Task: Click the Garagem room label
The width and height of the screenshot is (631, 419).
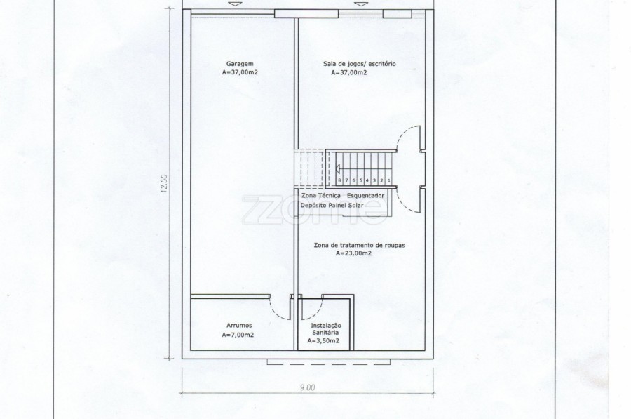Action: pyautogui.click(x=240, y=64)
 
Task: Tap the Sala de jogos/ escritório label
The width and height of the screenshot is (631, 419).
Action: pyautogui.click(x=360, y=64)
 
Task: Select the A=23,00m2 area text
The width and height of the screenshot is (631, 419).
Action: pyautogui.click(x=354, y=253)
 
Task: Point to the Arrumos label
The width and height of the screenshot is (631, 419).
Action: pyautogui.click(x=239, y=326)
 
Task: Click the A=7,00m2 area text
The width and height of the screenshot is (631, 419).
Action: pyautogui.click(x=238, y=335)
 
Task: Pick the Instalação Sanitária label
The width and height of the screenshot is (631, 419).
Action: pyautogui.click(x=325, y=328)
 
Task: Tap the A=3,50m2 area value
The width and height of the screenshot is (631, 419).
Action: pyautogui.click(x=323, y=341)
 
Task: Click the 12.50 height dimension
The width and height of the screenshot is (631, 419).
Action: pyautogui.click(x=164, y=183)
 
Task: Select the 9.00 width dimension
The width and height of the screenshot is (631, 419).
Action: pyautogui.click(x=307, y=387)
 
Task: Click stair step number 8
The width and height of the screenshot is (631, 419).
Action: pyautogui.click(x=340, y=180)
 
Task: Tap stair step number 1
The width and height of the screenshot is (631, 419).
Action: pyautogui.click(x=389, y=180)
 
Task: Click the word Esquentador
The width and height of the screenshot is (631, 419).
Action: pyautogui.click(x=365, y=195)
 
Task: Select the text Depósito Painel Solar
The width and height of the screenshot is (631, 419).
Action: pyautogui.click(x=332, y=205)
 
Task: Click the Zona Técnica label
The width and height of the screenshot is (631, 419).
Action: pyautogui.click(x=320, y=195)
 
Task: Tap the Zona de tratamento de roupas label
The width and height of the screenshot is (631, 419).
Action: pyautogui.click(x=360, y=245)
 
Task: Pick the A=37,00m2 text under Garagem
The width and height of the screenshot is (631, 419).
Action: pyautogui.click(x=240, y=73)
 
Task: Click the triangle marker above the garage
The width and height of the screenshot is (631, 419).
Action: pyautogui.click(x=233, y=4)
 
